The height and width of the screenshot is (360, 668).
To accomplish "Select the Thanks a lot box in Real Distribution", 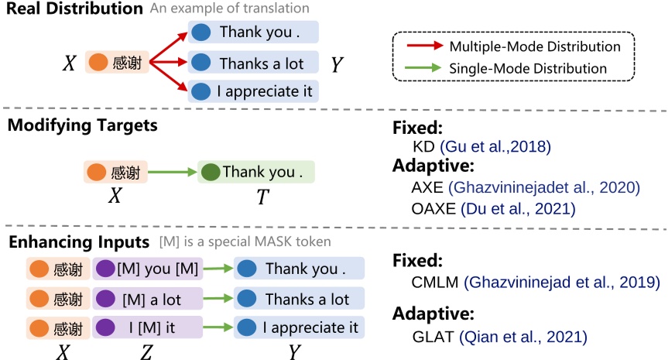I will point(253,63).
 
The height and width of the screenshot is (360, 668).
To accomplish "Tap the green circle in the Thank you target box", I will point(210,172).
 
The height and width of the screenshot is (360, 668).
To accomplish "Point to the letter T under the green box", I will point(262,197).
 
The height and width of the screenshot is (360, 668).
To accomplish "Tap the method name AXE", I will point(428,187).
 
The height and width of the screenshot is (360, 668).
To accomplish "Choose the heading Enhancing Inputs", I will point(78,242).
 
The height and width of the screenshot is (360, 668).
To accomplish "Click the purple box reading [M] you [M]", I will point(147,269).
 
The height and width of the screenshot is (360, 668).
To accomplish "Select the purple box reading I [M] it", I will point(147,327).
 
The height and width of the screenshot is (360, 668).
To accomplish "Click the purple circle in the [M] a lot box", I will point(107,298).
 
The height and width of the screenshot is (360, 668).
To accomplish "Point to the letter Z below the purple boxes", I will point(146,352).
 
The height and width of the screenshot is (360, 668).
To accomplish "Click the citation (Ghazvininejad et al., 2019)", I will point(562,283).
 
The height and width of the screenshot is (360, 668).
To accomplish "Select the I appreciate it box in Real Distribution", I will point(253,91).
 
